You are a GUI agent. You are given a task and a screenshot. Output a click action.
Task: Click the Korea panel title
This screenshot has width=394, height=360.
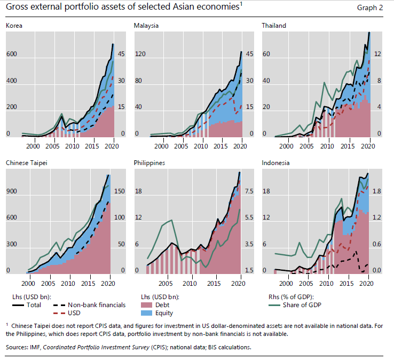(x=14, y=25)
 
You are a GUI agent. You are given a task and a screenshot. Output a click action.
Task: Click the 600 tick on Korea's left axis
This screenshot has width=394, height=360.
(x=11, y=54)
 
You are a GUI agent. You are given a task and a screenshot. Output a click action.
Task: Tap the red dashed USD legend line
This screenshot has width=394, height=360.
(x=61, y=313)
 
